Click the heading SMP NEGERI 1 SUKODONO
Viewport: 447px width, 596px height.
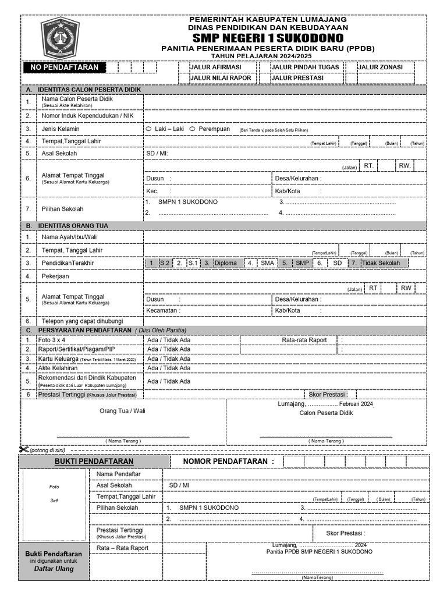[270, 38]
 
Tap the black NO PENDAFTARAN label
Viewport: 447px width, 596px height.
[65, 68]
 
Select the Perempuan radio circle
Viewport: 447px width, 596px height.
[192, 129]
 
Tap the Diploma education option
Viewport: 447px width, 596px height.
[225, 263]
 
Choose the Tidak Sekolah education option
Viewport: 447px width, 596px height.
[381, 263]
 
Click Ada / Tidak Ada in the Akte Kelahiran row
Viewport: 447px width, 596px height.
[169, 368]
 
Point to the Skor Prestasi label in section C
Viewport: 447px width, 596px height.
[328, 395]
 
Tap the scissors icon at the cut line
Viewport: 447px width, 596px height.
[23, 449]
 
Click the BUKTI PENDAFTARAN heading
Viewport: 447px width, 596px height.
[94, 462]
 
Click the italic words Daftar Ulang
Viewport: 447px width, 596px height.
[54, 568]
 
